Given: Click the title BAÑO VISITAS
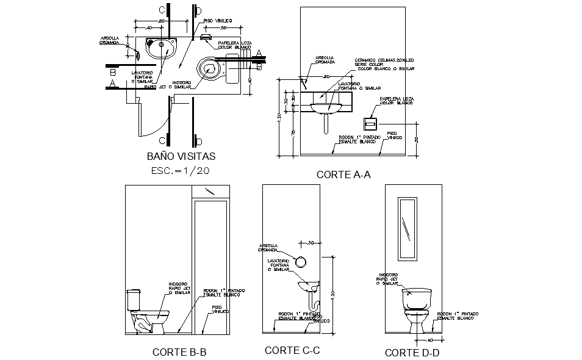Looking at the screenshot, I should pyautogui.click(x=181, y=156).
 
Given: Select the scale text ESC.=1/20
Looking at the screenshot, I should pyautogui.click(x=181, y=171).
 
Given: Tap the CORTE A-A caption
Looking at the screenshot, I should pyautogui.click(x=343, y=175).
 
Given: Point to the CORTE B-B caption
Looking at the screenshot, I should pyautogui.click(x=179, y=351).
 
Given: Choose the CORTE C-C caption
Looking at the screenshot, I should pyautogui.click(x=292, y=350).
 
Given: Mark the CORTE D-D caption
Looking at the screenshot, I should pyautogui.click(x=412, y=352).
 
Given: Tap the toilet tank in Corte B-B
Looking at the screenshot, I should pyautogui.click(x=134, y=300).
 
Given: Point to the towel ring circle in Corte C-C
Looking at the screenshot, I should pyautogui.click(x=300, y=262).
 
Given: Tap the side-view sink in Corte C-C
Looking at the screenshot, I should pyautogui.click(x=309, y=287).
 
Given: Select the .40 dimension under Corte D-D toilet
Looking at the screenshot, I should pyautogui.click(x=430, y=340).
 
